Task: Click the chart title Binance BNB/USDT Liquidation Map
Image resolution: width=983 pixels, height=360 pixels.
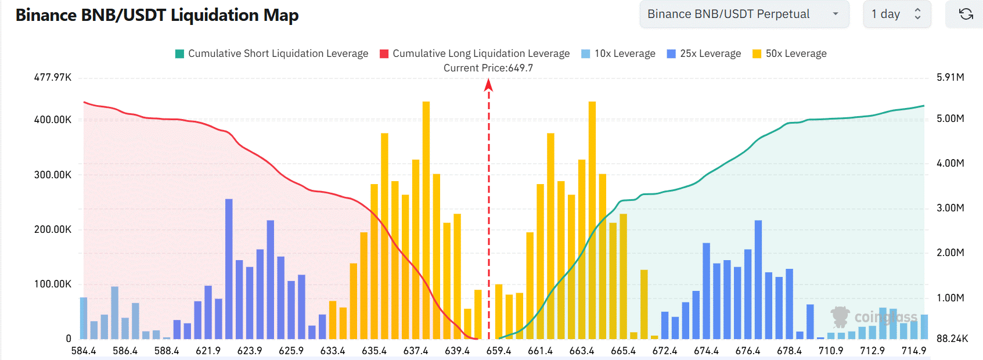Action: click(157, 15)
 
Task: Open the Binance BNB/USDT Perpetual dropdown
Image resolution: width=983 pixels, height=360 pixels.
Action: click(743, 14)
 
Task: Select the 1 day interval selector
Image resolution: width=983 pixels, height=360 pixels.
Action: click(896, 14)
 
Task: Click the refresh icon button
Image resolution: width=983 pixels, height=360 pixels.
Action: click(966, 14)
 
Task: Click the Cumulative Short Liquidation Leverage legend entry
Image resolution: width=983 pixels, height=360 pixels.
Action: click(272, 53)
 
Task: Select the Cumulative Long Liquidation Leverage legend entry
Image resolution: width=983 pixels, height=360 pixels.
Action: click(474, 53)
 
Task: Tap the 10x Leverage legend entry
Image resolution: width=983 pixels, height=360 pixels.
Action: click(618, 53)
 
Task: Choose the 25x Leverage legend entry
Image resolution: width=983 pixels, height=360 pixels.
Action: click(704, 53)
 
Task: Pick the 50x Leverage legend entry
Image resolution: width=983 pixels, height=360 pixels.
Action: click(789, 53)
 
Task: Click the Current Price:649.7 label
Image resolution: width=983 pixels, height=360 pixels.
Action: click(488, 68)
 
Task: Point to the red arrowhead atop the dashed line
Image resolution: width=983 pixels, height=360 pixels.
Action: click(488, 85)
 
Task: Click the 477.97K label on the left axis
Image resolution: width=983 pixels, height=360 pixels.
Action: click(53, 77)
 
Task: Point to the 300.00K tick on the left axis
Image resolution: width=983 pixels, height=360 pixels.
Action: click(53, 175)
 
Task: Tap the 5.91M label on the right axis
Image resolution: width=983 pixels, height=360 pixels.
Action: click(950, 77)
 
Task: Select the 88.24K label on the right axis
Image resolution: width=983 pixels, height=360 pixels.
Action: click(952, 339)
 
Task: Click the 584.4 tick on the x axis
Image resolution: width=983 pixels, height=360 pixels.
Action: click(84, 351)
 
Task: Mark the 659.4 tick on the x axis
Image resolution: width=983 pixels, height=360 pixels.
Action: click(499, 351)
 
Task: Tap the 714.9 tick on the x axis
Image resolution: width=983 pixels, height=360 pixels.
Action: click(914, 351)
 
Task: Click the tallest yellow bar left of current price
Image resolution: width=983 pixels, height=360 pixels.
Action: click(426, 221)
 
